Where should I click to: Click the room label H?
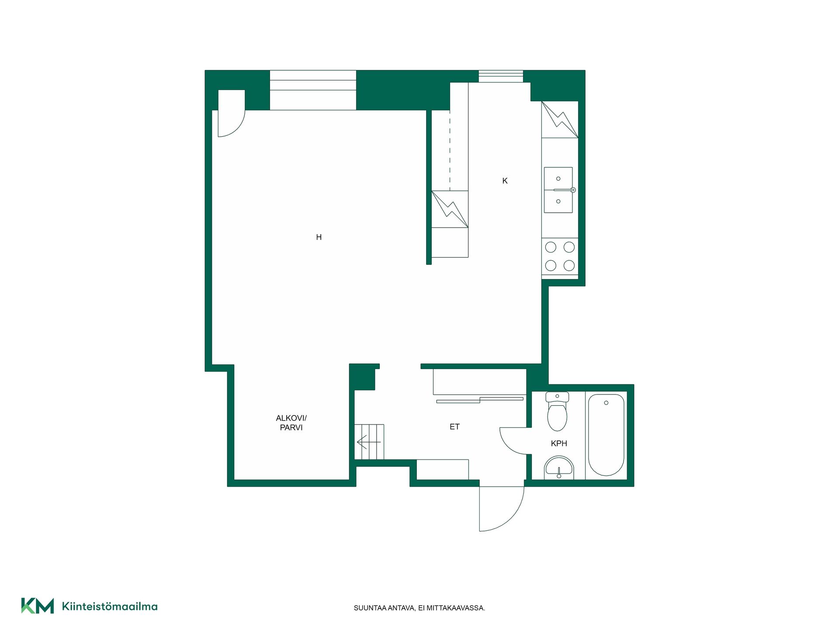[x=319, y=237]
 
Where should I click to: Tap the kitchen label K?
[x=505, y=181]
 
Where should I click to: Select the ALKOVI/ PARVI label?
[x=291, y=423]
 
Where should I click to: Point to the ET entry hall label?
[x=454, y=427]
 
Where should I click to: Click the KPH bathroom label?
[x=559, y=443]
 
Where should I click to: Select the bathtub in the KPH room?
[x=606, y=435]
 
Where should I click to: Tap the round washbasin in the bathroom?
[x=559, y=468]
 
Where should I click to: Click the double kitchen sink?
[x=559, y=190]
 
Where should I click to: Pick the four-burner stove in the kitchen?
[x=560, y=256]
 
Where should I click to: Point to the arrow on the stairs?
[x=369, y=442]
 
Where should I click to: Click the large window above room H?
[x=313, y=90]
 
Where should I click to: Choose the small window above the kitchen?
[x=501, y=76]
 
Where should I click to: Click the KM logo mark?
[x=38, y=606]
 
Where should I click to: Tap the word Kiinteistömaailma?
[x=110, y=606]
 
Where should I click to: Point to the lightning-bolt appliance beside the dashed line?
[x=450, y=209]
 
